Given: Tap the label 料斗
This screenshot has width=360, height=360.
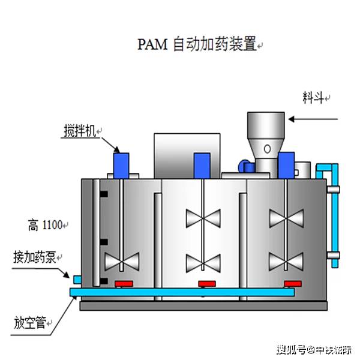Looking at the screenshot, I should [x=313, y=98].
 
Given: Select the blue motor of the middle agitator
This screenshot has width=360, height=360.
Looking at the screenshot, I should [x=202, y=164].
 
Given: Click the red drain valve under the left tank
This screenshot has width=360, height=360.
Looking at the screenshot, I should [x=124, y=283].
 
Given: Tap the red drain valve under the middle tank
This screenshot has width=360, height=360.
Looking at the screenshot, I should [x=206, y=283].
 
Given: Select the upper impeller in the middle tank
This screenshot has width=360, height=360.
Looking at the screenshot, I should [x=203, y=217].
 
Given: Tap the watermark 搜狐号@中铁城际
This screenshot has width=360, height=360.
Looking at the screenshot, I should [x=314, y=349].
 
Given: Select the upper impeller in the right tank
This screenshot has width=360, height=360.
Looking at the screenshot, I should [x=285, y=217].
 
